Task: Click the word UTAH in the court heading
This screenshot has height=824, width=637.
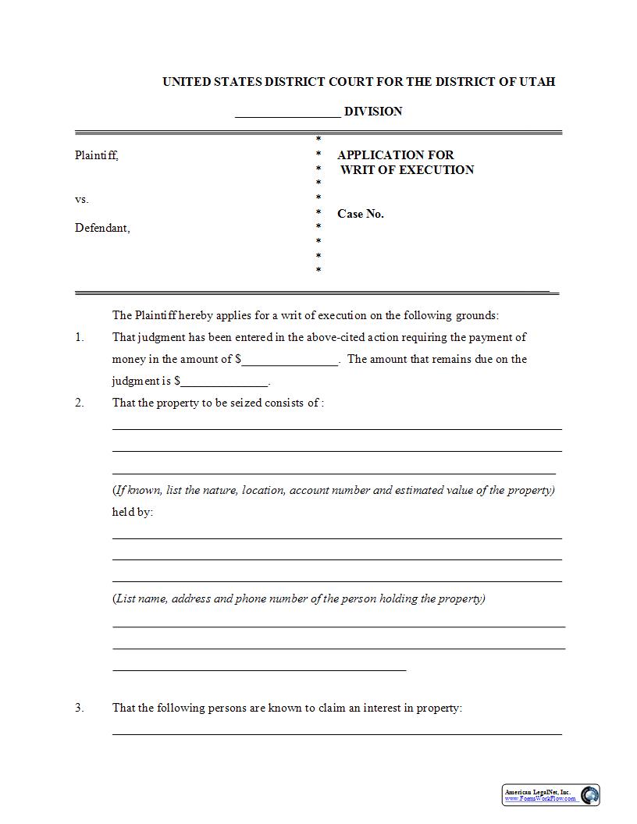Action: click(x=537, y=82)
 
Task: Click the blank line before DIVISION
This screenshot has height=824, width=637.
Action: click(x=287, y=112)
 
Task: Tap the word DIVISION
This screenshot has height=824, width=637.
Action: click(x=373, y=112)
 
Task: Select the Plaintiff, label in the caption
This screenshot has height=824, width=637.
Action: click(x=97, y=155)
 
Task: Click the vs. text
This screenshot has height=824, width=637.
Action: click(x=82, y=200)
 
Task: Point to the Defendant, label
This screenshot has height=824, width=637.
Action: click(x=102, y=229)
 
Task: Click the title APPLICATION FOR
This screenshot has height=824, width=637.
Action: click(x=395, y=155)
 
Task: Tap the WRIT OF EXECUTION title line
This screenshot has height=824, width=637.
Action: click(x=407, y=170)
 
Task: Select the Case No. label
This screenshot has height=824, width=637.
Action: click(x=361, y=214)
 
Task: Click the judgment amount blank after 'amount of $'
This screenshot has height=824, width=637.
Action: click(x=290, y=360)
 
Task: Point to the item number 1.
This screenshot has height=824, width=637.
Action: click(x=79, y=338)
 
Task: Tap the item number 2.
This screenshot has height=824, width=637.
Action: click(x=79, y=403)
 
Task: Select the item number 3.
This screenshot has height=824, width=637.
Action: click(x=79, y=709)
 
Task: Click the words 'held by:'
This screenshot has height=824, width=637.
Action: click(x=133, y=513)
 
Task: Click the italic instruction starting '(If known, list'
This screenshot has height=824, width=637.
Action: click(x=333, y=491)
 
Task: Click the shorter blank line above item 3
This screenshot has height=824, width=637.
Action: click(x=259, y=669)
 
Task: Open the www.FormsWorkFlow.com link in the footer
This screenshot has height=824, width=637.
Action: click(x=540, y=799)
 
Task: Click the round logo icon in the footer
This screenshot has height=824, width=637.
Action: click(x=590, y=795)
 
